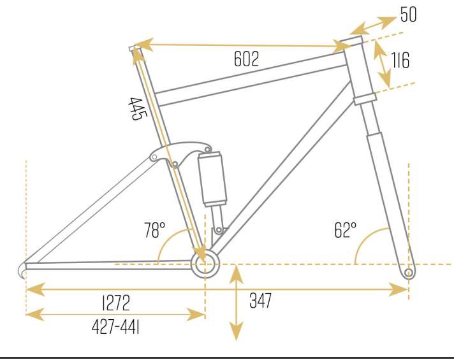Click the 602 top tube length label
[x=246, y=59]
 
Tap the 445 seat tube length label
[x=138, y=109]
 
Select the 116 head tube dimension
[x=400, y=61]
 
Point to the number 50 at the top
[x=409, y=14]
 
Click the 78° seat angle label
[x=155, y=230]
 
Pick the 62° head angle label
[x=345, y=230]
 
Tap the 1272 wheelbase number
[x=116, y=303]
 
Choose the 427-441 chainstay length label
[x=115, y=328]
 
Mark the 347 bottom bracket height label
[x=260, y=300]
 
